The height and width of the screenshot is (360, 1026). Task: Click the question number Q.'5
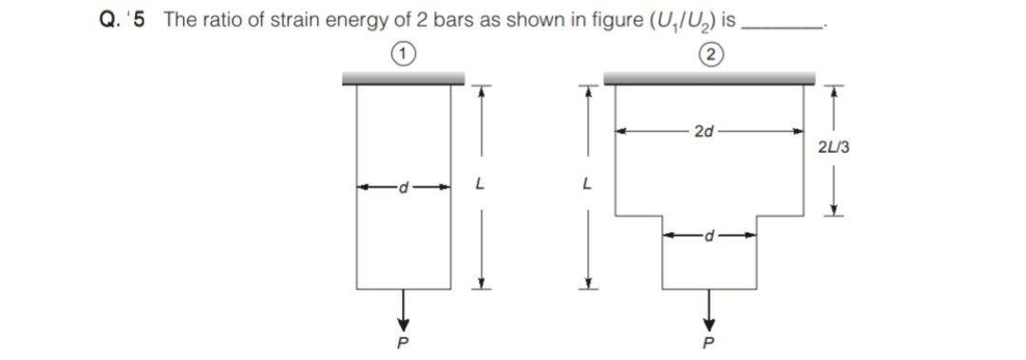click(123, 20)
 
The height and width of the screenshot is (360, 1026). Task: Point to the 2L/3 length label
click(833, 147)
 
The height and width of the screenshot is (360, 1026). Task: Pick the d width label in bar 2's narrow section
click(709, 233)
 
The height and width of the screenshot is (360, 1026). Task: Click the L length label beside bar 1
click(481, 186)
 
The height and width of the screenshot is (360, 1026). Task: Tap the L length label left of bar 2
click(588, 186)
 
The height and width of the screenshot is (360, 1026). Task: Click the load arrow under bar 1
click(403, 306)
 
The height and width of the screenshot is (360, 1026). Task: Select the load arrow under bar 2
click(709, 306)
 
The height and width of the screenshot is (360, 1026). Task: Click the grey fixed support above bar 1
click(403, 80)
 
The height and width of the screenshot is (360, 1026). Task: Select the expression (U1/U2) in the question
click(678, 21)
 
